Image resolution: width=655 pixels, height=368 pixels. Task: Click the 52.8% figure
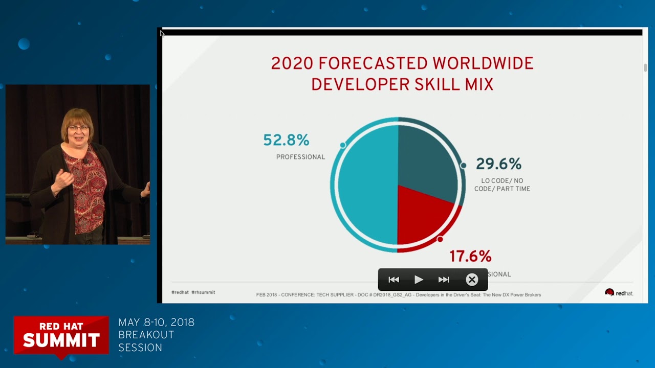coord(286,140)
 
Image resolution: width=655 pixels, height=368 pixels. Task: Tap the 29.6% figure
coord(498,164)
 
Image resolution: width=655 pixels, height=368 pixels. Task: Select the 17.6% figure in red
coord(470,256)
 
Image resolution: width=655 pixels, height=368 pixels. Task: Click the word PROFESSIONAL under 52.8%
coord(300,157)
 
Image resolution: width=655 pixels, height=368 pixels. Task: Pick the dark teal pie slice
coord(426,158)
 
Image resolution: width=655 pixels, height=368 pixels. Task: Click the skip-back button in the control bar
coord(394,280)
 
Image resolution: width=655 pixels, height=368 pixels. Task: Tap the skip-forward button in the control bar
coord(444,280)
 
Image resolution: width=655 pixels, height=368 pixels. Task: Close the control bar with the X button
coord(472,280)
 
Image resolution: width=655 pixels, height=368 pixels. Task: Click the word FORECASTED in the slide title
coord(372,64)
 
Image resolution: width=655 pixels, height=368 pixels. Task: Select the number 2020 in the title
coord(291,64)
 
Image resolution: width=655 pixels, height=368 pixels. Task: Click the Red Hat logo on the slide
coord(619,293)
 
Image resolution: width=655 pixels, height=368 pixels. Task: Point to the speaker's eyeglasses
coord(78,127)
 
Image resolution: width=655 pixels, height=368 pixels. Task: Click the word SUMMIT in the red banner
coord(61,340)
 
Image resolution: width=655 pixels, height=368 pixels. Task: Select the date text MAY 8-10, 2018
coord(156,323)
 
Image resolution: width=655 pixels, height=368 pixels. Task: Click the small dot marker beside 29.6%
coord(463,165)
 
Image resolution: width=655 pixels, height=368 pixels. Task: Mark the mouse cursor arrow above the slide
coord(162,33)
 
